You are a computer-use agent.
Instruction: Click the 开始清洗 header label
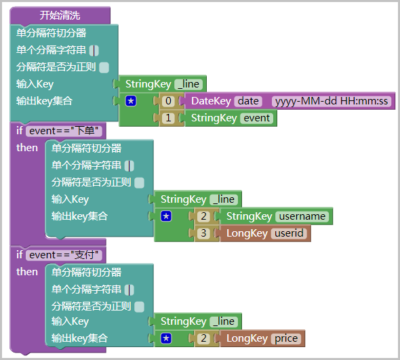tap(60, 16)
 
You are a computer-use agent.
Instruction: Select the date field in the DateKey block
tap(248, 101)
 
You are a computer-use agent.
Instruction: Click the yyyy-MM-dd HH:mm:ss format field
tap(332, 101)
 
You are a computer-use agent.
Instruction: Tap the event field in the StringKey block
tap(257, 118)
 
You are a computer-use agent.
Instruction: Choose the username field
tap(302, 216)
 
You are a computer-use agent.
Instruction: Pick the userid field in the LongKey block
tap(289, 233)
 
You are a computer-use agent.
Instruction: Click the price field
tap(286, 338)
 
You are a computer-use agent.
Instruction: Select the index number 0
tap(168, 101)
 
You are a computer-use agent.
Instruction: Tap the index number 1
tap(168, 118)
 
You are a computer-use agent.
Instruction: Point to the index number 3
tap(203, 233)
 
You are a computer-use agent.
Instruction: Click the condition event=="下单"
tap(64, 131)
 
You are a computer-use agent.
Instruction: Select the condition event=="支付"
tap(64, 255)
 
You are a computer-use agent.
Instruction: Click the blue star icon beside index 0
tap(131, 101)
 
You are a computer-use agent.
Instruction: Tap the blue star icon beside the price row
tap(166, 338)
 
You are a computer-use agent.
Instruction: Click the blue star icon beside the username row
tap(166, 216)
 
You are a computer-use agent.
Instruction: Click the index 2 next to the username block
tap(203, 216)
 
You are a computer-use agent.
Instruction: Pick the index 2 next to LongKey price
tap(203, 338)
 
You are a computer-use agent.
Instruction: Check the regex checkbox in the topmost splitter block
tap(104, 68)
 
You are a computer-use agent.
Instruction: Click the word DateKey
tap(212, 101)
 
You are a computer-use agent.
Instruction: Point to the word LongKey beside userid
tap(247, 233)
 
